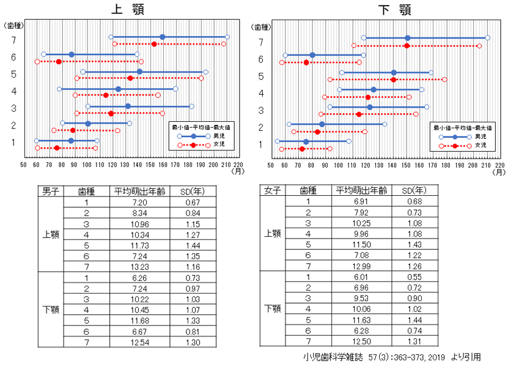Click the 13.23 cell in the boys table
(x=136, y=267)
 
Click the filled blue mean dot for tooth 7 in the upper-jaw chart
(x=162, y=37)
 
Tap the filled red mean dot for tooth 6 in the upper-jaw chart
(x=59, y=61)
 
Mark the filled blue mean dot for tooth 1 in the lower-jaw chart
(x=306, y=142)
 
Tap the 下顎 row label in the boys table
(x=50, y=310)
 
